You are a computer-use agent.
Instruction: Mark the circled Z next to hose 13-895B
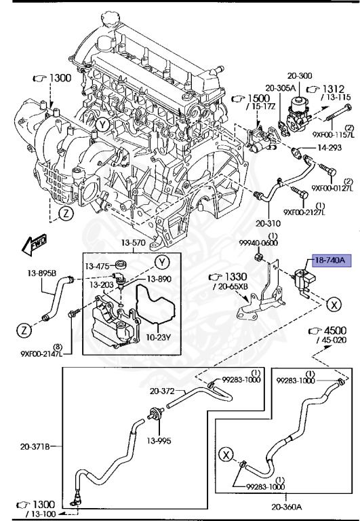coord(24,331)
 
